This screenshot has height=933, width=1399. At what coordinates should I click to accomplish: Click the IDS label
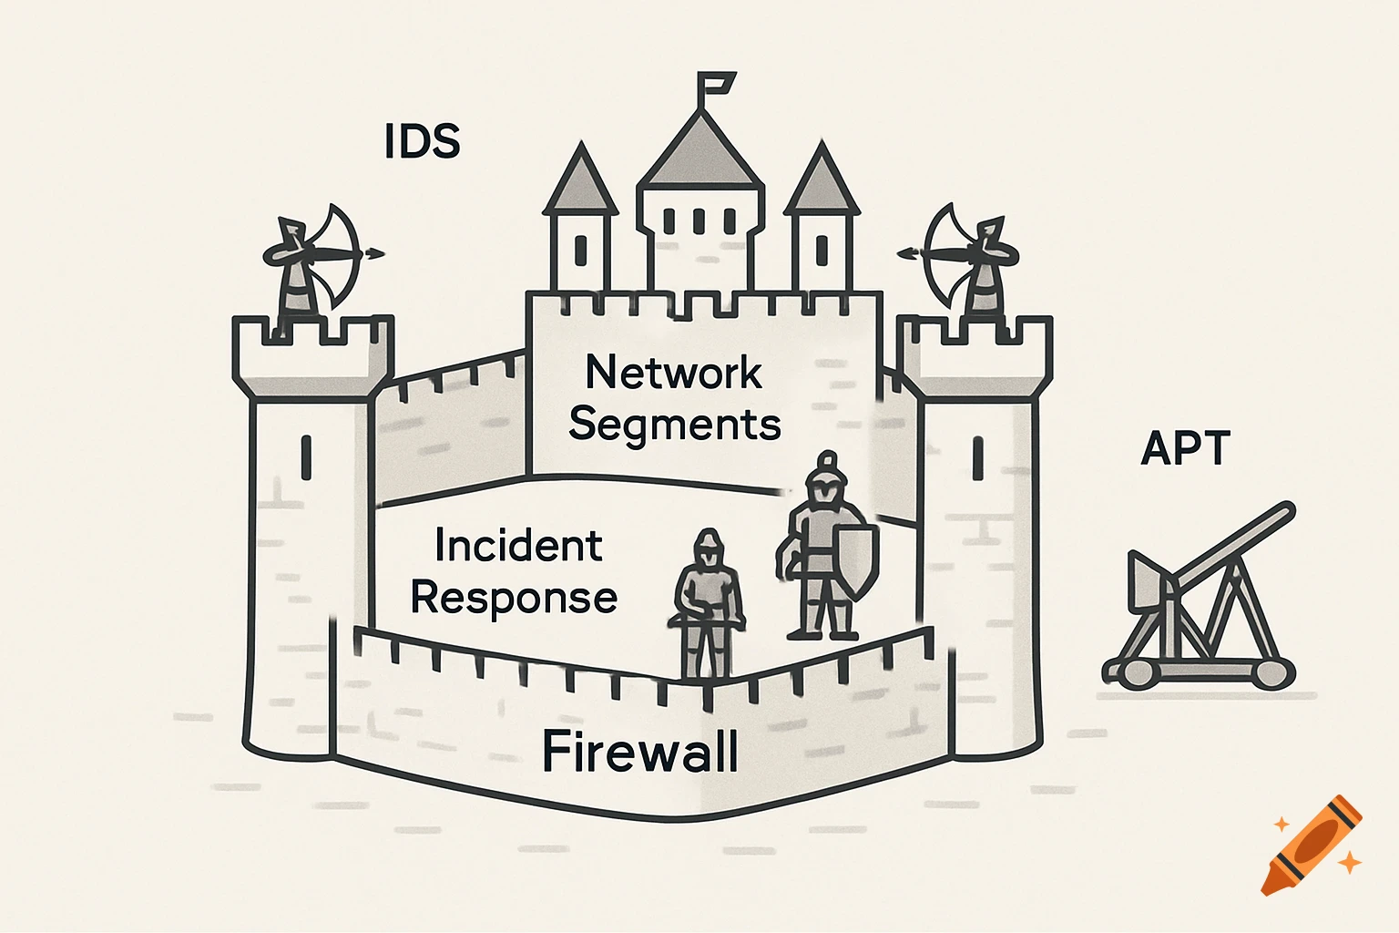pyautogui.click(x=422, y=141)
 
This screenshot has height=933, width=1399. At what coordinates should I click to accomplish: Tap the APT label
pyautogui.click(x=1185, y=448)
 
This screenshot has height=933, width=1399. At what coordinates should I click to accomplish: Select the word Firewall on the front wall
pyautogui.click(x=639, y=752)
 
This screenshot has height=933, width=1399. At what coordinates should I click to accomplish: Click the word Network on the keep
pyautogui.click(x=673, y=372)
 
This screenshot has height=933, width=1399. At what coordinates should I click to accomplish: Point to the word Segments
pyautogui.click(x=674, y=425)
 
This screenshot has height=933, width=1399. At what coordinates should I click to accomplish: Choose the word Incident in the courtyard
pyautogui.click(x=518, y=546)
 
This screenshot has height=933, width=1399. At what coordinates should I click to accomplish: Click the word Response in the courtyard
pyautogui.click(x=514, y=598)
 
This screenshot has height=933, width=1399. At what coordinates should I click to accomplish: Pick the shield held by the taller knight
pyautogui.click(x=856, y=558)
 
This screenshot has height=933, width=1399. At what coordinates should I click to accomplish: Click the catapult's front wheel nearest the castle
pyautogui.click(x=1134, y=672)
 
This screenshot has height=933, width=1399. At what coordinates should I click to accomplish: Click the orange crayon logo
pyautogui.click(x=1312, y=843)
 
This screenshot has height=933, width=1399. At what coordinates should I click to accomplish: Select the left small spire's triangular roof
pyautogui.click(x=579, y=180)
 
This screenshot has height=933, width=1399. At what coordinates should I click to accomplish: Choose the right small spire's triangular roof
pyautogui.click(x=822, y=180)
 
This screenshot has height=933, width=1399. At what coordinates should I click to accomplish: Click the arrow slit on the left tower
pyautogui.click(x=306, y=457)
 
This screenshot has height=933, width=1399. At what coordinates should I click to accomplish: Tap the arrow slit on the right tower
pyautogui.click(x=978, y=458)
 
